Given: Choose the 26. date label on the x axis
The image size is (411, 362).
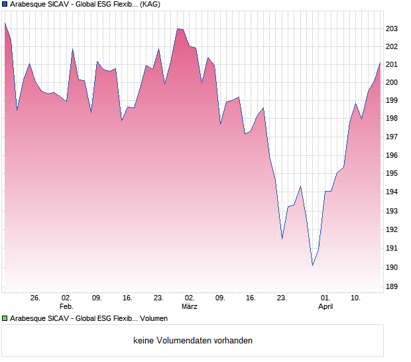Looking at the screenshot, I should [x=35, y=298].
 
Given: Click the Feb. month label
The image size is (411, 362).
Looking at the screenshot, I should [x=66, y=307].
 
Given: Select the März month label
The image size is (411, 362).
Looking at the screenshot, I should [x=190, y=307].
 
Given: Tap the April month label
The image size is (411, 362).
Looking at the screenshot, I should [x=325, y=307].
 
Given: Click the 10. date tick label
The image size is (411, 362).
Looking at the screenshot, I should [x=356, y=298].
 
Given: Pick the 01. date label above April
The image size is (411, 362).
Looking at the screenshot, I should [x=325, y=298].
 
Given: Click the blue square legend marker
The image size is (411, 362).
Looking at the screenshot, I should [x=5, y=4].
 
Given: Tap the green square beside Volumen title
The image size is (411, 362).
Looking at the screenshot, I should [x=5, y=318].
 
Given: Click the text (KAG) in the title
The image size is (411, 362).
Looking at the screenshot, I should [x=150, y=4].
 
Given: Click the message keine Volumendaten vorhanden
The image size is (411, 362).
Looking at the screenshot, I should [x=193, y=341].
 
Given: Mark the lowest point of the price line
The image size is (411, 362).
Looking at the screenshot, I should [x=312, y=265].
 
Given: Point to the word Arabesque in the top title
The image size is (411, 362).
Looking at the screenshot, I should [x=29, y=4].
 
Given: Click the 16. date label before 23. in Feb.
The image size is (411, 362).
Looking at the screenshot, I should [x=128, y=298].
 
